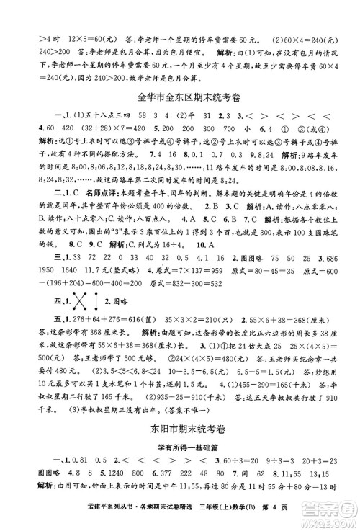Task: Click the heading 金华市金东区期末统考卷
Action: point(180,96)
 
